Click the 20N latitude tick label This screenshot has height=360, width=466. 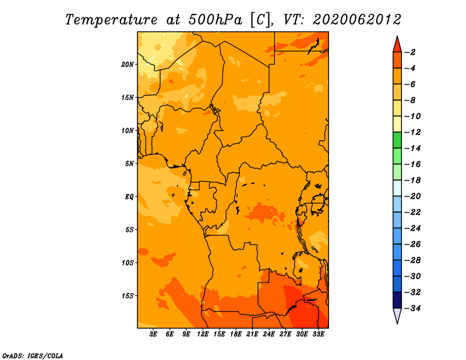click(x=128, y=65)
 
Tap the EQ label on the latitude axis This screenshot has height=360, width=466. click(x=129, y=197)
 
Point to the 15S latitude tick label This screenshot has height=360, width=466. click(x=128, y=296)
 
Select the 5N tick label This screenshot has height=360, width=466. click(x=129, y=164)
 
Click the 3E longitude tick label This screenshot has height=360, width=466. click(x=153, y=334)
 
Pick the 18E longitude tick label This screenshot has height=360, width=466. click(x=236, y=334)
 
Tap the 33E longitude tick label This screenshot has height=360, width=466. click(x=318, y=334)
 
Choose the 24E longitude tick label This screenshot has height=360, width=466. click(x=269, y=334)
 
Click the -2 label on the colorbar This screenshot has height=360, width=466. click(x=410, y=52)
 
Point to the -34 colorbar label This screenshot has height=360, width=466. click(x=412, y=308)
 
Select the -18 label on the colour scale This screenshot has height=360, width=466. click(x=412, y=181)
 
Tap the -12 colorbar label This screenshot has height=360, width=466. click(x=412, y=132)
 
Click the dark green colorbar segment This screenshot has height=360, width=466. click(x=397, y=140)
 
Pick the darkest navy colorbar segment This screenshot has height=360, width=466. click(x=397, y=300)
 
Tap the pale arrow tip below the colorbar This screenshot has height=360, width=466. click(x=397, y=323)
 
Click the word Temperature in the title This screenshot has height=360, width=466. click(x=111, y=20)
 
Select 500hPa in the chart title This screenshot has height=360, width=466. click(x=216, y=20)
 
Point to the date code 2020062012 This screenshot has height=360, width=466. click(x=356, y=20)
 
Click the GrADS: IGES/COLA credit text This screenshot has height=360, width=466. click(x=33, y=356)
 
